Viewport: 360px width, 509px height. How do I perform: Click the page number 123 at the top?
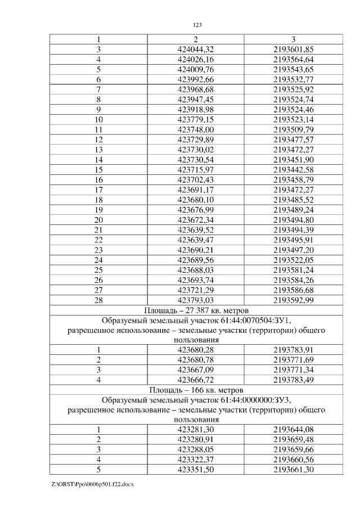tap(197, 25)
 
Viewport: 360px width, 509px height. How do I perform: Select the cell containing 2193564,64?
tap(293, 59)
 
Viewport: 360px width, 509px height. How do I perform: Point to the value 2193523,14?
tap(293, 119)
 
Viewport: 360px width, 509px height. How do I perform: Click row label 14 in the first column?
tap(98, 160)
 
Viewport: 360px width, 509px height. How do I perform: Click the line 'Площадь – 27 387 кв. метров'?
tap(196, 310)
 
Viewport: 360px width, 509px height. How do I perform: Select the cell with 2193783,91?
tap(293, 350)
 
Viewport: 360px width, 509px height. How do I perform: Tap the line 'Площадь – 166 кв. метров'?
tap(196, 390)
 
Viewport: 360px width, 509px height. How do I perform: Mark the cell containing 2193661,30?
tap(293, 470)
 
